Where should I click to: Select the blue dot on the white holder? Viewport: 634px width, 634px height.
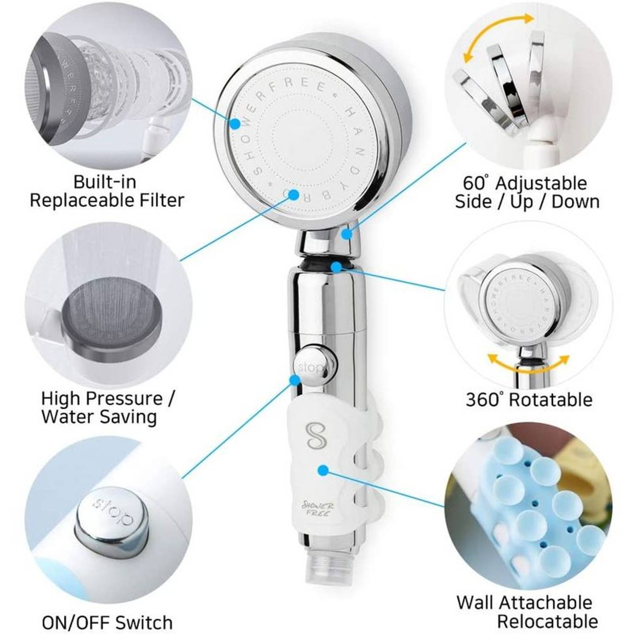(323, 470)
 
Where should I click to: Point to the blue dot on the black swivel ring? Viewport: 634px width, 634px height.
(336, 267)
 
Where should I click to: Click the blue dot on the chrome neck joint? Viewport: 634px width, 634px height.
(347, 233)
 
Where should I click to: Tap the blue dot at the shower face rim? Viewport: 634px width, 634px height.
(235, 123)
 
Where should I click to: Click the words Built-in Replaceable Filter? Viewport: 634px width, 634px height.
(107, 191)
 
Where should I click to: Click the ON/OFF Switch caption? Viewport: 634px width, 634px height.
(107, 622)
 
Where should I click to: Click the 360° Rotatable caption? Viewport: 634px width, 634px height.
(529, 399)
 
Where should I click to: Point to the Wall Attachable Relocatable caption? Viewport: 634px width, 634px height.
(526, 611)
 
